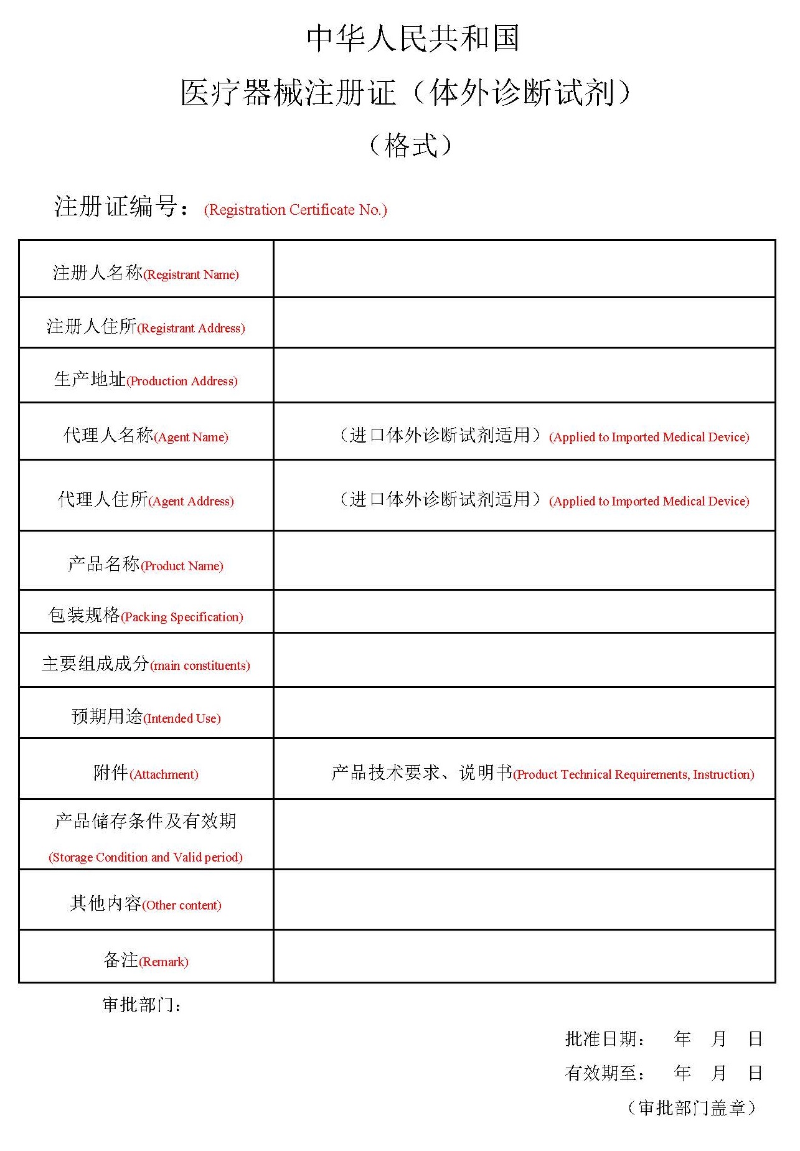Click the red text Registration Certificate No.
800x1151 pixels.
(295, 210)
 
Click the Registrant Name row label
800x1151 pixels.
(146, 273)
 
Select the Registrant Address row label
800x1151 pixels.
(146, 327)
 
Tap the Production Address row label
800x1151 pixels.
(146, 380)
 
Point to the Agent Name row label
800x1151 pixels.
(146, 436)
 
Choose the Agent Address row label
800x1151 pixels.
(146, 500)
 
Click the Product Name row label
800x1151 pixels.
(146, 565)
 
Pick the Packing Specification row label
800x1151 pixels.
(146, 616)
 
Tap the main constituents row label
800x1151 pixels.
(146, 664)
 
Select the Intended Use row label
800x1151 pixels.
(146, 717)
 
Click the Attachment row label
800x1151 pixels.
(146, 773)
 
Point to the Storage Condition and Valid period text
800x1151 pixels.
(146, 857)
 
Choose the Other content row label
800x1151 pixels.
(146, 904)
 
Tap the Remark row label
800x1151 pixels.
(146, 961)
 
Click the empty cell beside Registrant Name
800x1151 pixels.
(524, 269)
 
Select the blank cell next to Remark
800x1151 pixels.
(524, 957)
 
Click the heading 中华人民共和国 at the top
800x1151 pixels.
(412, 39)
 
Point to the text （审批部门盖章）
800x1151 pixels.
(692, 1108)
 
